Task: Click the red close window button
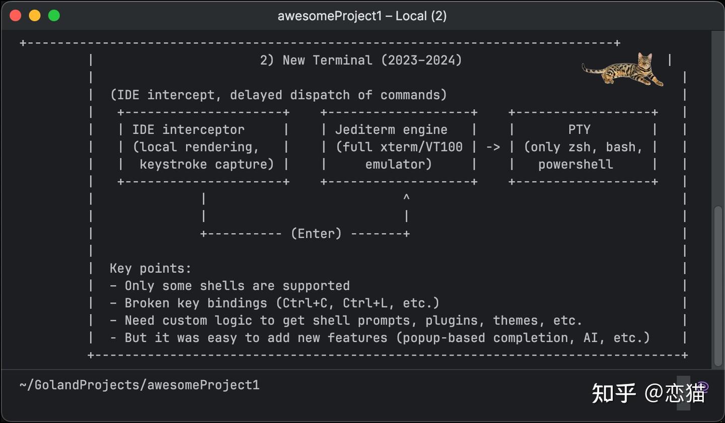pyautogui.click(x=16, y=16)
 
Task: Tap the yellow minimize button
pyautogui.click(x=35, y=16)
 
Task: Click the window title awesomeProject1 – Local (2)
pyautogui.click(x=362, y=16)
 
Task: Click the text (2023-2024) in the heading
pyautogui.click(x=421, y=60)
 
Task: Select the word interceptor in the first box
pyautogui.click(x=203, y=130)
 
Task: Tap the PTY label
pyautogui.click(x=579, y=130)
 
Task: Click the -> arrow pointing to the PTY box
pyautogui.click(x=493, y=147)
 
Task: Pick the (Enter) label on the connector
pyautogui.click(x=316, y=234)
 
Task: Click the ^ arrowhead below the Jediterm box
pyautogui.click(x=406, y=198)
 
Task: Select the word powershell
pyautogui.click(x=575, y=164)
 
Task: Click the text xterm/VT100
pyautogui.click(x=421, y=147)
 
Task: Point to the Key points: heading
pyautogui.click(x=150, y=269)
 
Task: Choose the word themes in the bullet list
pyautogui.click(x=515, y=321)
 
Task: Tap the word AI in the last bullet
pyautogui.click(x=591, y=338)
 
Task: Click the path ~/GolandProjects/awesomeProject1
pyautogui.click(x=139, y=385)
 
